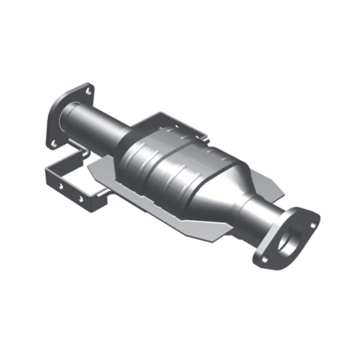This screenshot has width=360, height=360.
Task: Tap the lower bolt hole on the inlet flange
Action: [x=54, y=144]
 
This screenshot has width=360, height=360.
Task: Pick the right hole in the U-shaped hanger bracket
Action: [x=81, y=198]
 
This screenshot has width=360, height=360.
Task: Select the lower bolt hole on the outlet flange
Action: [x=265, y=259]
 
